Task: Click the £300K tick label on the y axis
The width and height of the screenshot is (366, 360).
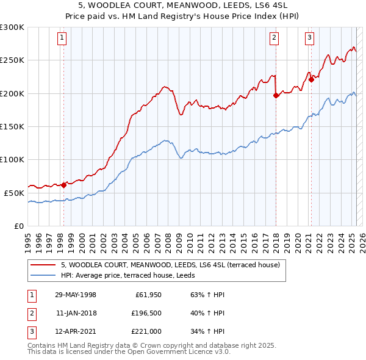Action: [x=12, y=27]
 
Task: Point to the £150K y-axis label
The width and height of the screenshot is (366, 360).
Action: [x=12, y=126]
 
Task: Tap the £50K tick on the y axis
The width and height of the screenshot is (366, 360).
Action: [x=14, y=193]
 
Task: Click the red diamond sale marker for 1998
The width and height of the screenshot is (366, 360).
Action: [x=63, y=185]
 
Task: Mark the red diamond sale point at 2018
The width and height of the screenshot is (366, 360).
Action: [x=276, y=95]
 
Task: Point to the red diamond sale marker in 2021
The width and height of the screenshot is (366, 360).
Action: [x=311, y=79]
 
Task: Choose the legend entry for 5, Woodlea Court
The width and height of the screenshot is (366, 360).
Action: [x=170, y=265]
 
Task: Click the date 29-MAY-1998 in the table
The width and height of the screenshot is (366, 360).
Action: [x=76, y=295]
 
